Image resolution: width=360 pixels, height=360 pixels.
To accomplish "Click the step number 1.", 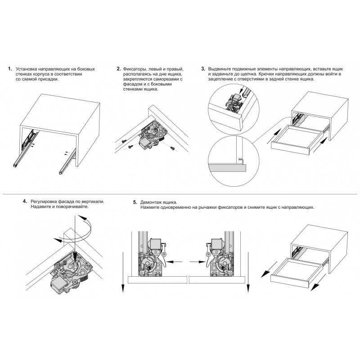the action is (9, 69).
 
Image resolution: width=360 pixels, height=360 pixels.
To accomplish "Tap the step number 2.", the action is (118, 69).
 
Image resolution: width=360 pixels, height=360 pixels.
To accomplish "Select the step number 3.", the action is (203, 69).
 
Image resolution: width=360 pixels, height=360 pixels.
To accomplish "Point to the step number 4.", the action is (25, 201).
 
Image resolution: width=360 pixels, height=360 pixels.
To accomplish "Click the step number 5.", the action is (135, 202).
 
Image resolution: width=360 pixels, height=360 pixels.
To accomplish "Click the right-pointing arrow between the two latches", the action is (197, 262).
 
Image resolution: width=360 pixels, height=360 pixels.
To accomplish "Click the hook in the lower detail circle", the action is (241, 160).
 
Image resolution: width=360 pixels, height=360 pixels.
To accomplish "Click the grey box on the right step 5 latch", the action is (216, 244).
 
